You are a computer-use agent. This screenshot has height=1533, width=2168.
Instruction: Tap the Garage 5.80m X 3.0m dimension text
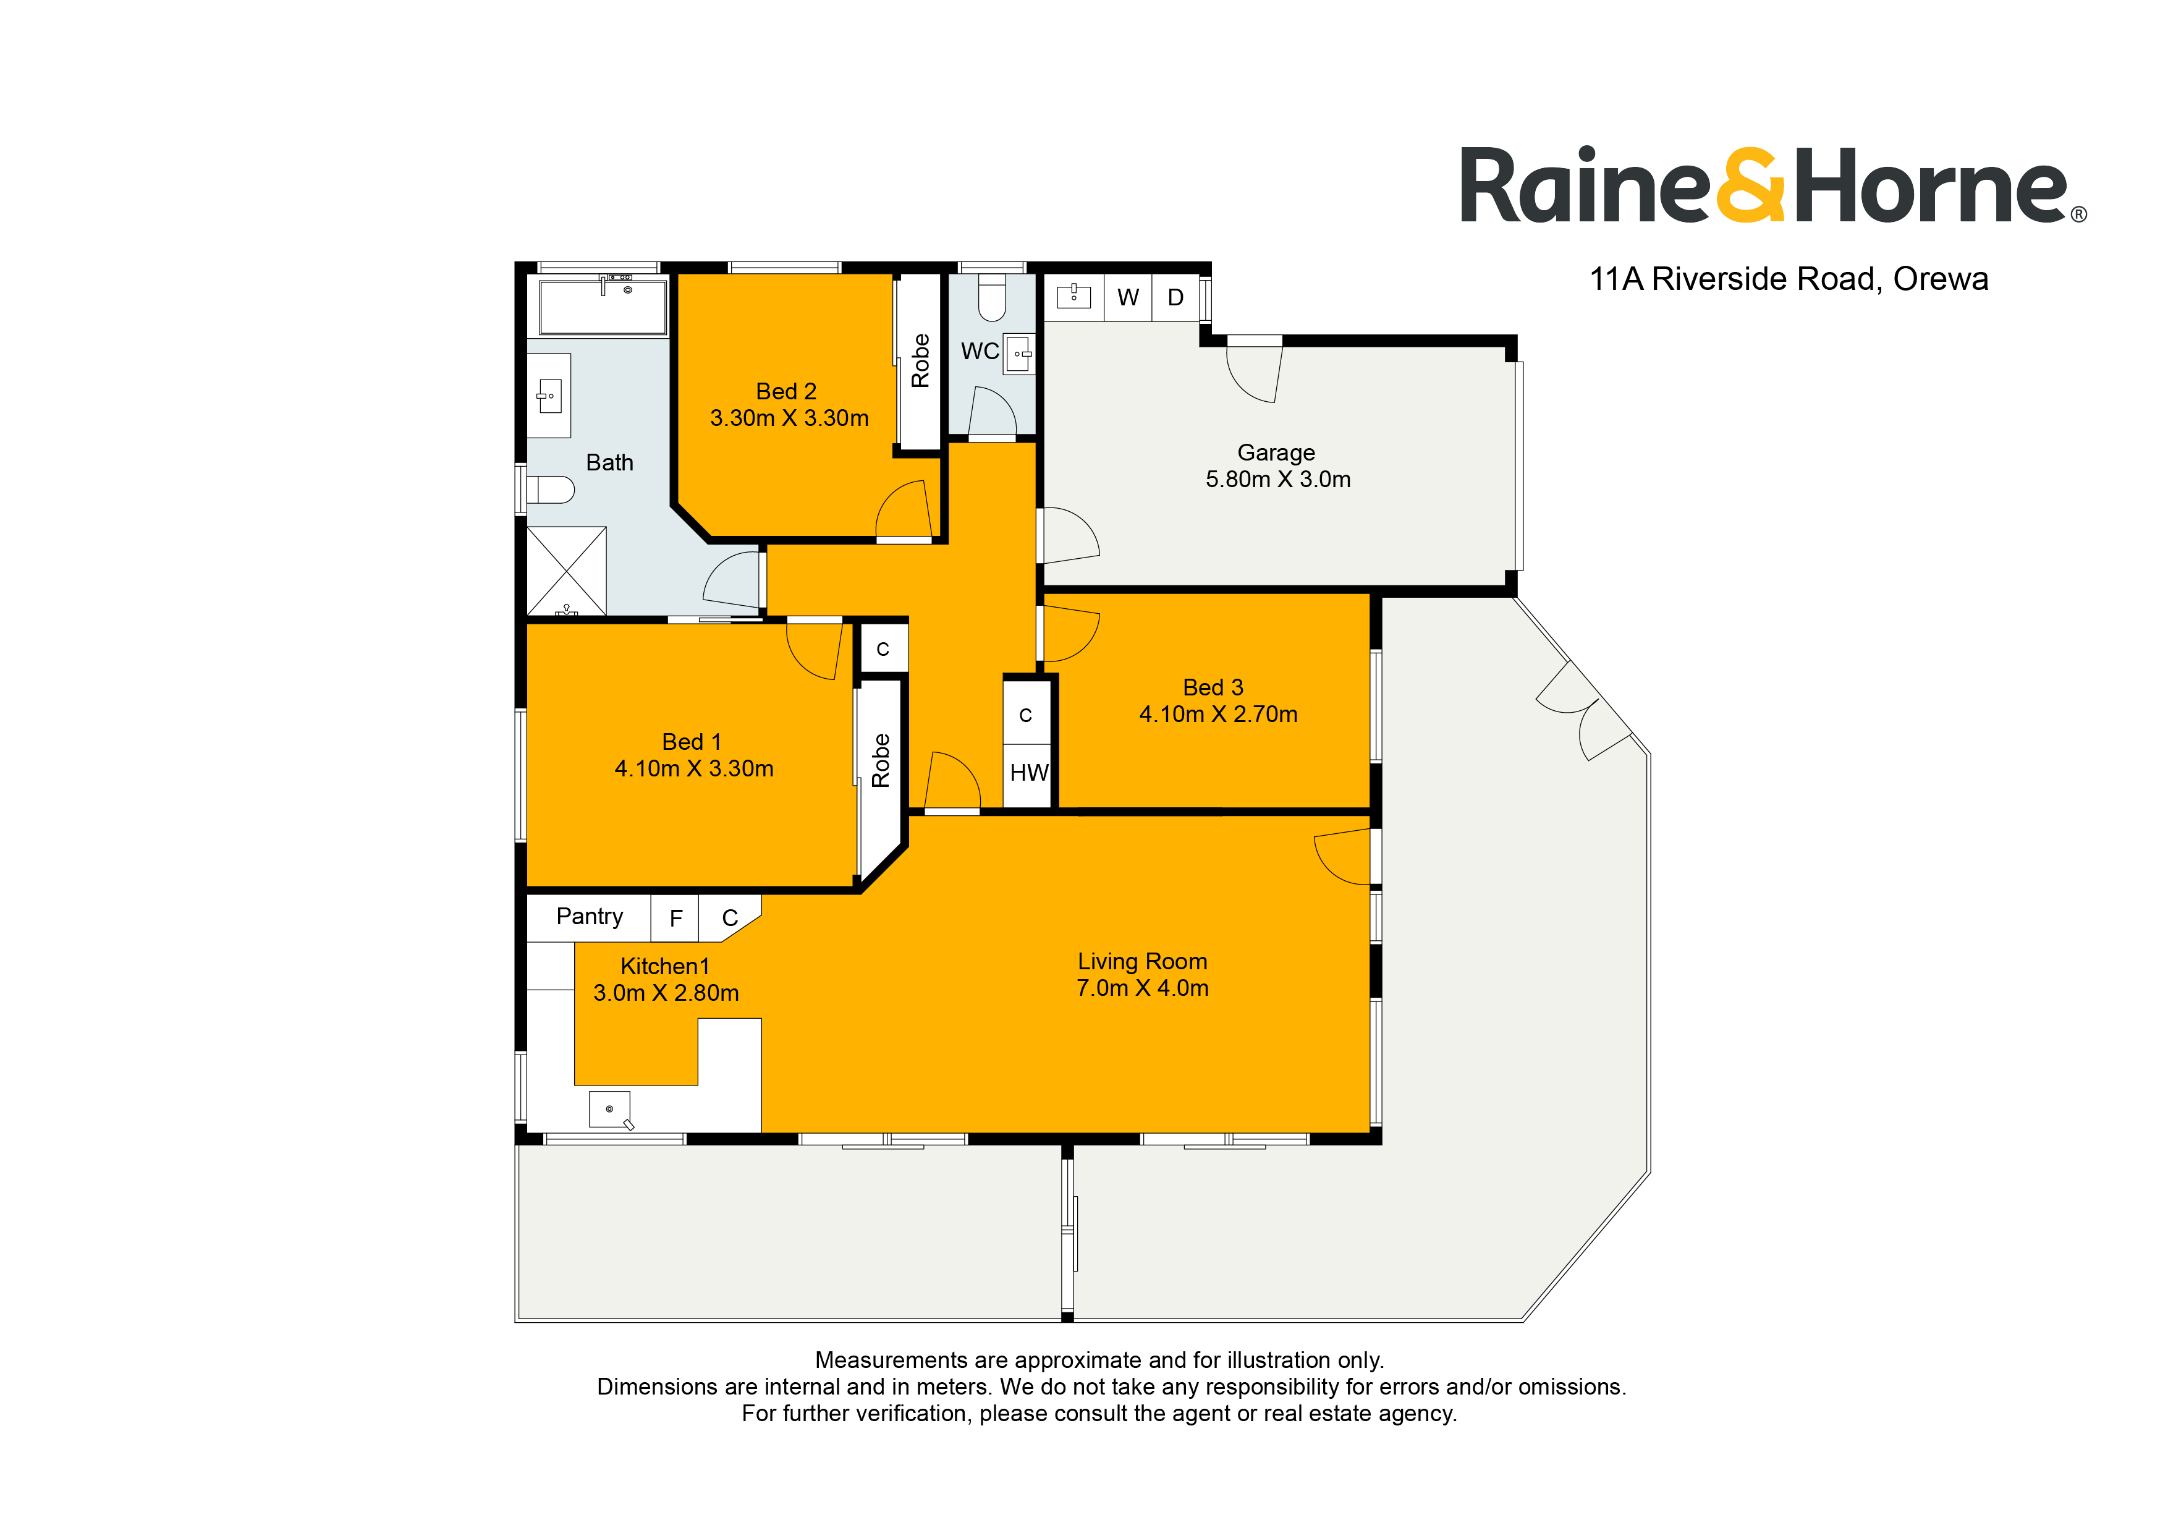coord(1277,479)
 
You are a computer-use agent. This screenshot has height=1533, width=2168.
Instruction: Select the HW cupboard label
coord(1028,773)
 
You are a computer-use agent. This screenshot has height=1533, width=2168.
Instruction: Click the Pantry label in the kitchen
coord(589,916)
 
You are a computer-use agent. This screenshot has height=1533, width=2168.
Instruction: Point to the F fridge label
coord(675,918)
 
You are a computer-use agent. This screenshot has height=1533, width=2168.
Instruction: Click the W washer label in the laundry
coord(1127,297)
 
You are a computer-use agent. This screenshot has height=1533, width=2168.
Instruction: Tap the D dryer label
coord(1175,297)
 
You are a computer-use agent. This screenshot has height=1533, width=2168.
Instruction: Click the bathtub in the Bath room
coord(603,305)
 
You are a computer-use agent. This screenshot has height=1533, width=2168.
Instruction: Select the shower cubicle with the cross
coord(565,571)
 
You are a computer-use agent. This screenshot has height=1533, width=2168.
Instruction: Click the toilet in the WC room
coord(991,297)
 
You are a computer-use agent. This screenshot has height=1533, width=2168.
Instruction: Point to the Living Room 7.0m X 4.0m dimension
coord(1143,988)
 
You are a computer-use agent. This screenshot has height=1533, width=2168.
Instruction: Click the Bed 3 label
coord(1213,687)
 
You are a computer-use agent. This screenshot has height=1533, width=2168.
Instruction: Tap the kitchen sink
coord(610,1109)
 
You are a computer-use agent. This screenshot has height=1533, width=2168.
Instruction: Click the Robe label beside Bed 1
coord(880,760)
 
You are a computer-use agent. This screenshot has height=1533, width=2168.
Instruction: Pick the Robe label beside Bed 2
coord(920,361)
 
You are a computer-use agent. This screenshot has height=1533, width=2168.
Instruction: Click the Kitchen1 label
coord(665,966)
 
